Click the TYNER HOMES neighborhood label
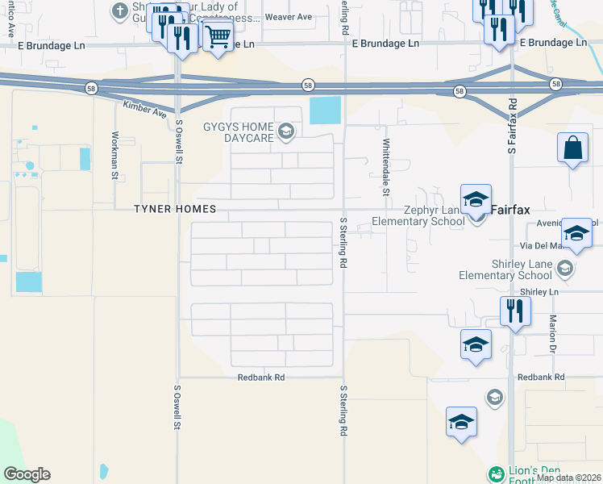[176, 209]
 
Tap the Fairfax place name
[510, 210]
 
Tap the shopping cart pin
[217, 36]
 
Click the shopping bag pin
[572, 148]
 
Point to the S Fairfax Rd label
[511, 128]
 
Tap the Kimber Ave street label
[144, 109]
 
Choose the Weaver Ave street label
[288, 17]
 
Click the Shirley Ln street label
[539, 291]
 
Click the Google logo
[27, 474]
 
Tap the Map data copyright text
[568, 478]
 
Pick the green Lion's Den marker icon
[496, 473]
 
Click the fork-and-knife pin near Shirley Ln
[514, 310]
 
